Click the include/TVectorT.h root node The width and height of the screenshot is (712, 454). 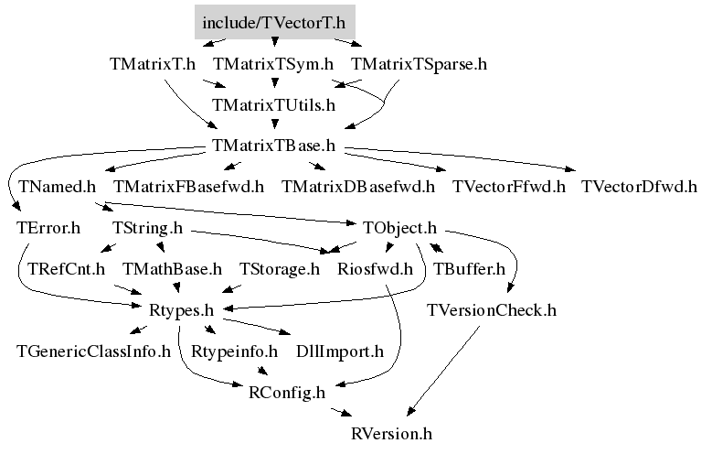click(x=275, y=22)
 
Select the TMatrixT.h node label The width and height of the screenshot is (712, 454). click(x=153, y=64)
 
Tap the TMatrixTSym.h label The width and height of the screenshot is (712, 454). click(x=273, y=64)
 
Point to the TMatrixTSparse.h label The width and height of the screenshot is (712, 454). click(x=419, y=64)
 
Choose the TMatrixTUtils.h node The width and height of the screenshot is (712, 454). click(x=273, y=105)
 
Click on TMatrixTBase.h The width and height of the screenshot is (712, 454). click(x=273, y=146)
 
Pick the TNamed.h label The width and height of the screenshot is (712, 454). click(x=58, y=187)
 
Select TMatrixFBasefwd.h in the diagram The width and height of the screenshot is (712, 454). click(x=188, y=187)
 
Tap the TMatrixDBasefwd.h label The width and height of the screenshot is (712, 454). click(x=357, y=187)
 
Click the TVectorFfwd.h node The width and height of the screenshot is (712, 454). click(x=508, y=187)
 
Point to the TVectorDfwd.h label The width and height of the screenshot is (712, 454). click(x=639, y=187)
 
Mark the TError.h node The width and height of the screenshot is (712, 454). click(x=48, y=227)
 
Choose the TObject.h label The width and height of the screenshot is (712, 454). click(x=399, y=228)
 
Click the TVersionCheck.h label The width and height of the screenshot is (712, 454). click(x=492, y=310)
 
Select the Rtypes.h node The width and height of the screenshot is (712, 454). click(x=181, y=310)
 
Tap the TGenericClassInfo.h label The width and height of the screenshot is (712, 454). click(x=93, y=351)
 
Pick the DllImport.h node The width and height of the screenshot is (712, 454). click(x=340, y=351)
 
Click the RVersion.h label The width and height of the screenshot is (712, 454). click(x=391, y=434)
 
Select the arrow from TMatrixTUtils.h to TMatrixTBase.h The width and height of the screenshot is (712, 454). click(x=274, y=124)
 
